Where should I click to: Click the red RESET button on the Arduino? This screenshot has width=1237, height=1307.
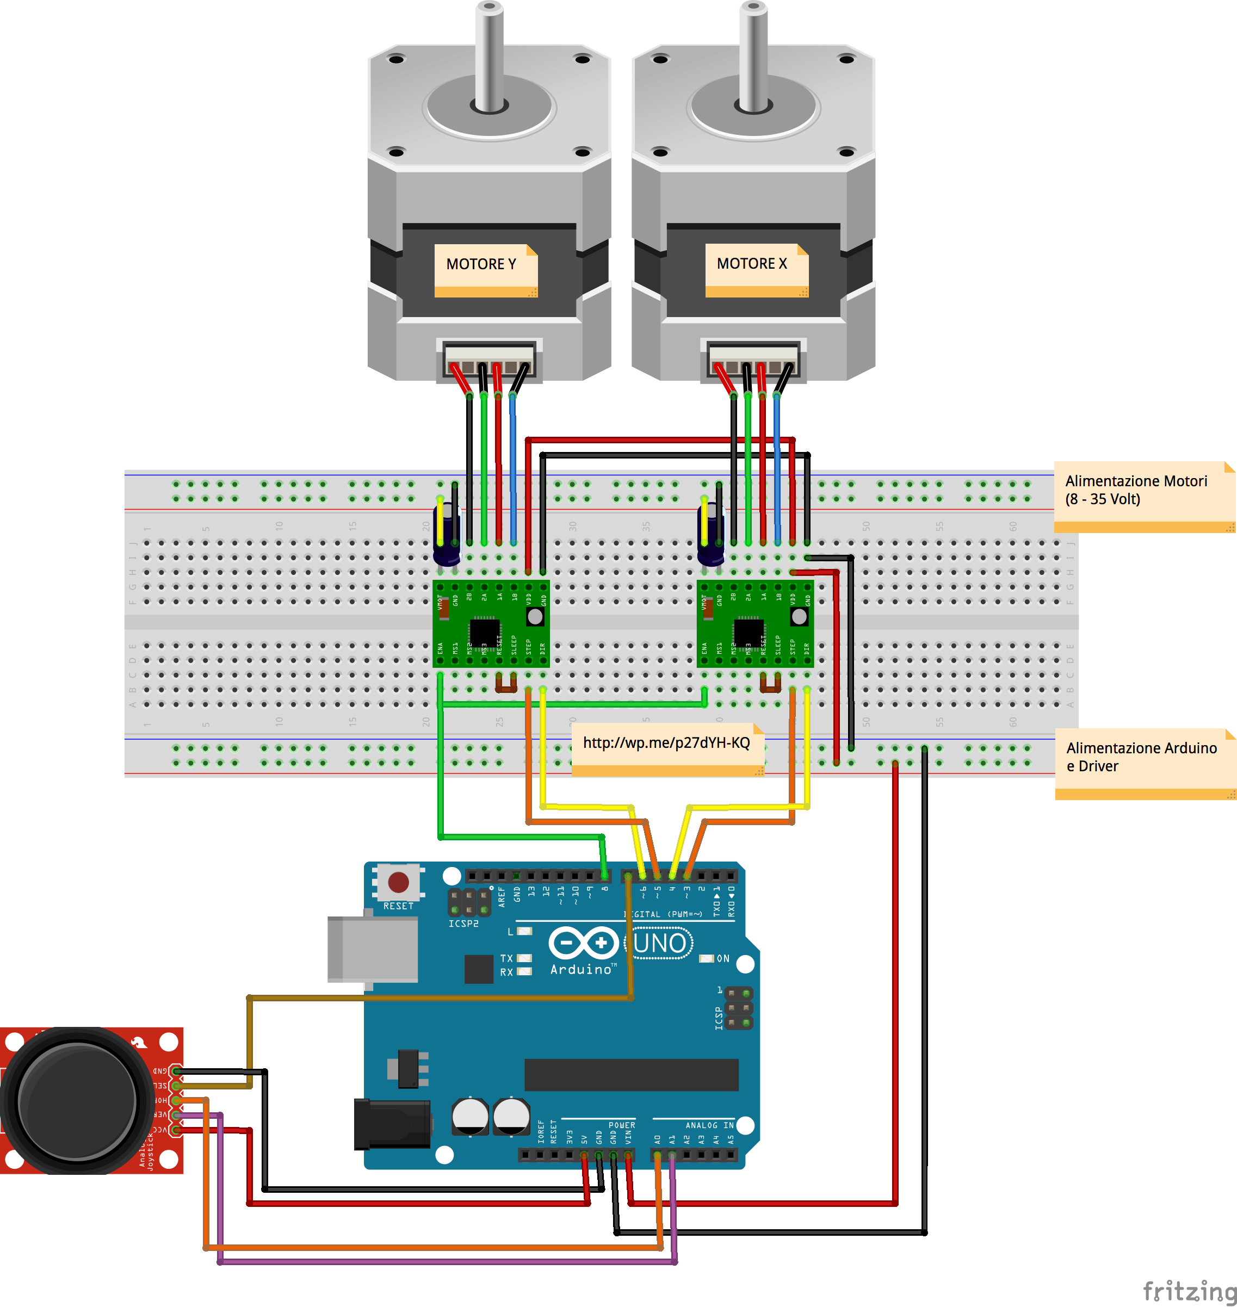tap(398, 882)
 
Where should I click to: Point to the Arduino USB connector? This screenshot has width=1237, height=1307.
tap(373, 949)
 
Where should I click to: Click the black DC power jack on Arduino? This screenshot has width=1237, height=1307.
tap(392, 1124)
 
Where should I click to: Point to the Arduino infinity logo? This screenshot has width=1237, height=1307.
tap(584, 943)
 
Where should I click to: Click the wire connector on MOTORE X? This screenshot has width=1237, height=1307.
tap(753, 360)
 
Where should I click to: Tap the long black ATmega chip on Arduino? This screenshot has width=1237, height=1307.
tap(631, 1075)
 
